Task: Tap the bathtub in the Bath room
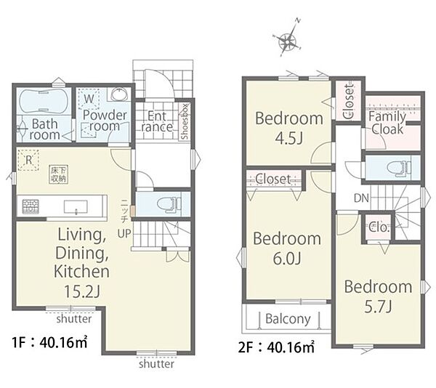43,101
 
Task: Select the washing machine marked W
89,99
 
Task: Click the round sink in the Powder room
120,94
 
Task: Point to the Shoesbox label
185,121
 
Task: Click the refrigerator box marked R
28,160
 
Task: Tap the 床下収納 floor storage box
59,174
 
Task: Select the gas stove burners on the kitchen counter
31,206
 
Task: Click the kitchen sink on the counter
76,207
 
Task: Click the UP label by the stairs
124,233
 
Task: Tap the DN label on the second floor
361,198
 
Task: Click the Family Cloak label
387,123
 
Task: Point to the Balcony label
288,319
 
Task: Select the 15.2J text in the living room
81,291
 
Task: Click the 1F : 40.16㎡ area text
49,342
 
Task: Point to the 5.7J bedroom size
378,307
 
